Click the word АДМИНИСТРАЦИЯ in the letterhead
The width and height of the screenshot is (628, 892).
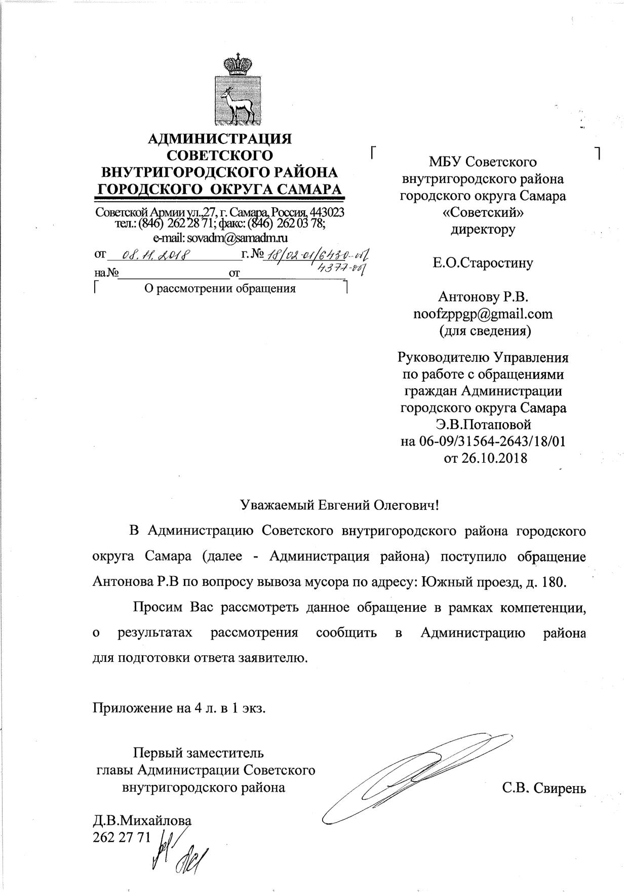219,138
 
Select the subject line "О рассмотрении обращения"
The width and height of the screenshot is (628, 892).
220,289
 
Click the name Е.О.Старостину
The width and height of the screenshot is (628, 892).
483,263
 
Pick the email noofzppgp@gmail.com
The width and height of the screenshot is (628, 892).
483,314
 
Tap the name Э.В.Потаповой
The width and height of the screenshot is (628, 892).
483,424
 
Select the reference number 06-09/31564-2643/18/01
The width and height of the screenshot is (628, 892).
483,441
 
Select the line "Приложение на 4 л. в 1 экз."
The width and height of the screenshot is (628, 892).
179,708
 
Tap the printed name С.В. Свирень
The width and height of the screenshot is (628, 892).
544,789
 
